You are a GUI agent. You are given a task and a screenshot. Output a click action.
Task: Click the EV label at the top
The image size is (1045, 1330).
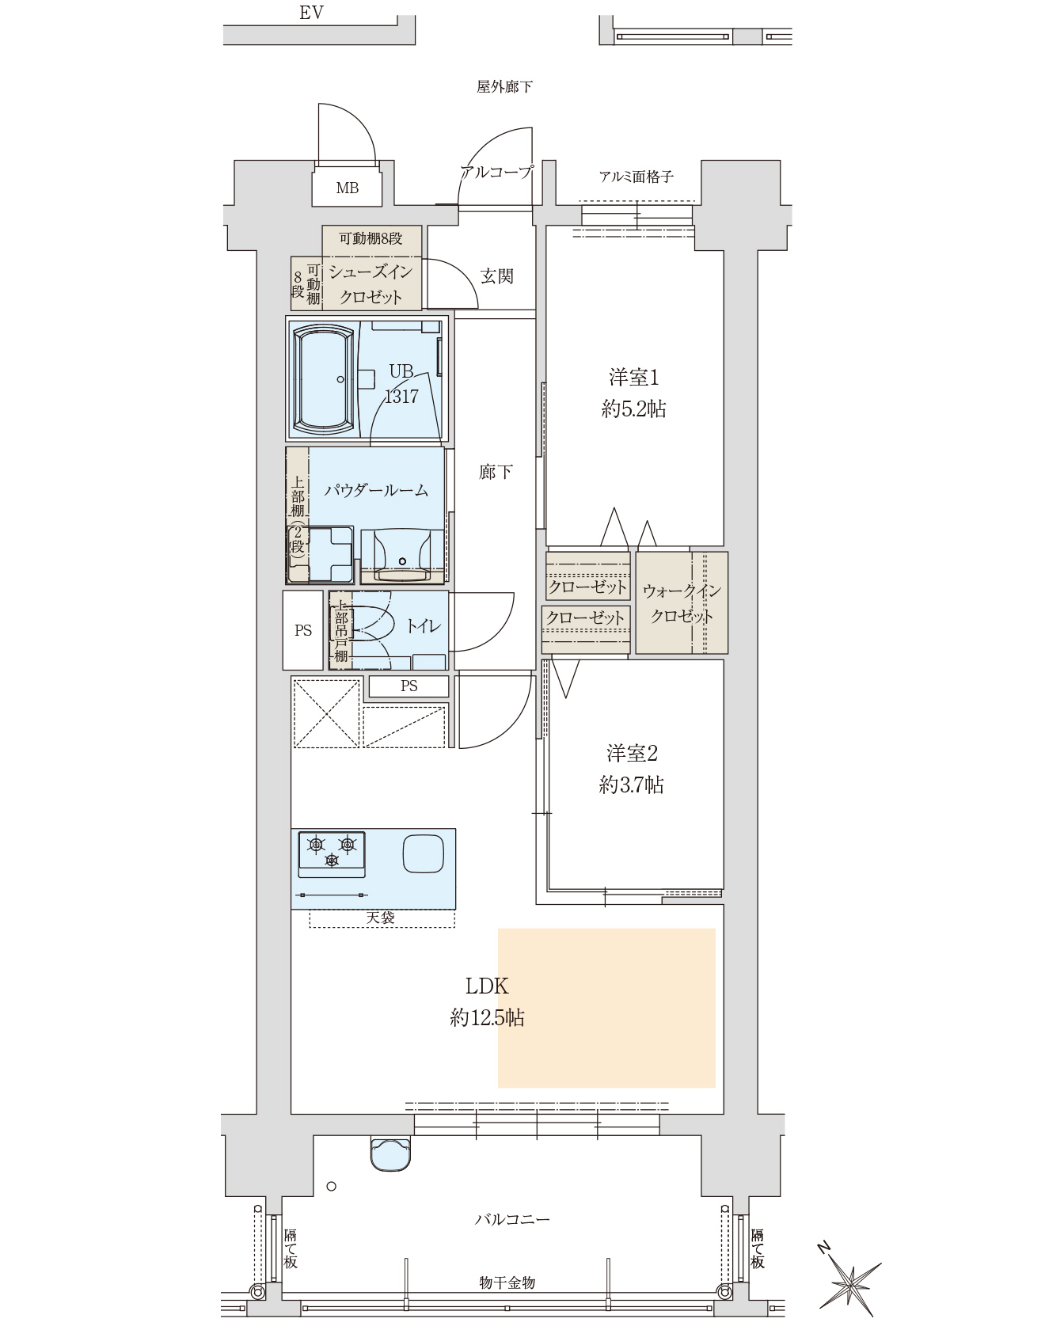click(x=311, y=13)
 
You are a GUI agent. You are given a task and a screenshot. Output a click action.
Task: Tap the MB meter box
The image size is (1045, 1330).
click(x=348, y=188)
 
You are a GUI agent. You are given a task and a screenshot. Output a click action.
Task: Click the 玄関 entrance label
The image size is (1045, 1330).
click(x=497, y=276)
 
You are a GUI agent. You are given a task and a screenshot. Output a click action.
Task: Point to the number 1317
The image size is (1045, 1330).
click(x=401, y=397)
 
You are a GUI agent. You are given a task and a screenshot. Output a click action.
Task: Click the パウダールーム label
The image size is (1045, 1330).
click(x=376, y=490)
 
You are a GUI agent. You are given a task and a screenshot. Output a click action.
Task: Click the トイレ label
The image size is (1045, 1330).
click(x=424, y=626)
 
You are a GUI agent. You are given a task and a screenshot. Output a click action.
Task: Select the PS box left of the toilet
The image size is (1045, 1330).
click(x=303, y=630)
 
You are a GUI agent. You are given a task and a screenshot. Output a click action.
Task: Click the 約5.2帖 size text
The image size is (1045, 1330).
click(x=633, y=408)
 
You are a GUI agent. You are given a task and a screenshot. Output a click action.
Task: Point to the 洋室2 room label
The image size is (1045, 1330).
click(x=633, y=753)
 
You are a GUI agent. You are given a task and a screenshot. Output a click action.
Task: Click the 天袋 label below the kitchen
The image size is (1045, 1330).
click(x=381, y=918)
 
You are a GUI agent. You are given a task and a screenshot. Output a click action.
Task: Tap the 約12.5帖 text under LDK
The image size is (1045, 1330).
click(x=487, y=1018)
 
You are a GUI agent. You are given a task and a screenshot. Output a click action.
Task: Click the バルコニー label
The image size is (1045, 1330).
click(x=512, y=1219)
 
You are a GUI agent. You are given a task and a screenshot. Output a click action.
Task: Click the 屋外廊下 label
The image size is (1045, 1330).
click(x=504, y=87)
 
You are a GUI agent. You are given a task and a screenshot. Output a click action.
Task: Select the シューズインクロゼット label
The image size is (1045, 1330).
click(x=371, y=285)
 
